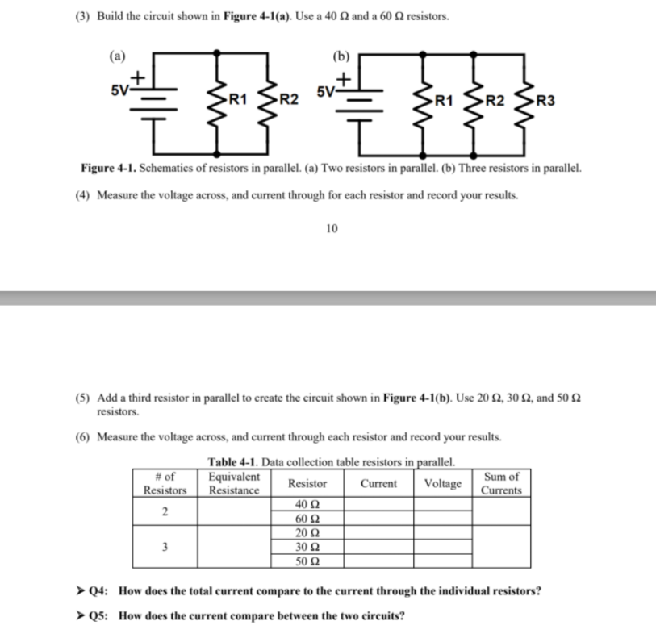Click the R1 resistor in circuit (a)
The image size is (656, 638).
pos(217,102)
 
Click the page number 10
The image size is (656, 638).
pos(332,229)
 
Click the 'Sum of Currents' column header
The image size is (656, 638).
pos(501,484)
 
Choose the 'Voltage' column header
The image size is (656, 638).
pos(442,484)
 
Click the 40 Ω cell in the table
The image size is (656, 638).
pos(308,505)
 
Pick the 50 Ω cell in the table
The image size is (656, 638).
pos(308,560)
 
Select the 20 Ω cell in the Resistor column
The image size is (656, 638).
pos(308,532)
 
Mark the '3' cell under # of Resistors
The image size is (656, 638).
pos(165,546)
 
